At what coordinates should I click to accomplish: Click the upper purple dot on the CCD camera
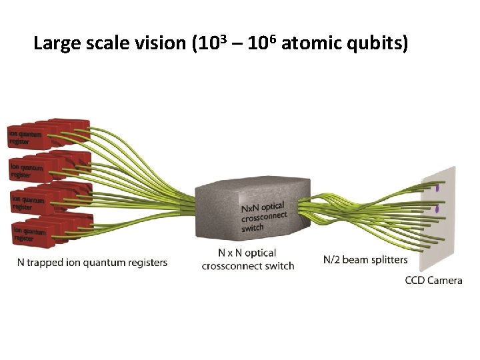click(438, 189)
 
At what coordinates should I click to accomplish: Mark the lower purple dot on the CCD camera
click(438, 209)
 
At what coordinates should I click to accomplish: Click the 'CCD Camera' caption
click(433, 281)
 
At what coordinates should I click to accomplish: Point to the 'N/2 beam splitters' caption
click(365, 259)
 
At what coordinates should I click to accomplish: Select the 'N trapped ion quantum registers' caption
click(92, 263)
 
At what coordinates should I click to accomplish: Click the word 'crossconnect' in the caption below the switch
click(247, 266)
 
